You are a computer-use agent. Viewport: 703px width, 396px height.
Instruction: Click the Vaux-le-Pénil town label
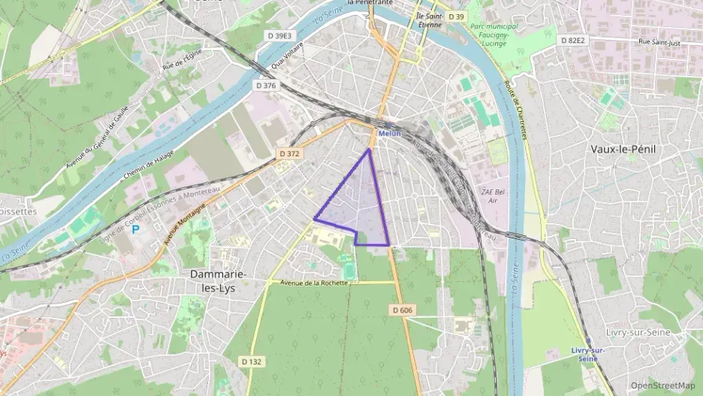pyautogui.click(x=623, y=149)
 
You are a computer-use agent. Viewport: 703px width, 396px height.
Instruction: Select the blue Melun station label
pyautogui.click(x=389, y=134)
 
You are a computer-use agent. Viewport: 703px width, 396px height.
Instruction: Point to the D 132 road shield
pyautogui.click(x=252, y=361)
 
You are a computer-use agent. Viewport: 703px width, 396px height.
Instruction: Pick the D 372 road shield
pyautogui.click(x=289, y=153)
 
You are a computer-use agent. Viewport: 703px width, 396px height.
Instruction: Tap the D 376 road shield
pyautogui.click(x=266, y=86)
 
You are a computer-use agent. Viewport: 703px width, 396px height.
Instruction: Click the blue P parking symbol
pyautogui.click(x=136, y=228)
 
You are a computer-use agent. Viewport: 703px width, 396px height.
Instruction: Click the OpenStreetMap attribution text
pyautogui.click(x=662, y=385)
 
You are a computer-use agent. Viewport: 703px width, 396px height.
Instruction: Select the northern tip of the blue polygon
pyautogui.click(x=369, y=150)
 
